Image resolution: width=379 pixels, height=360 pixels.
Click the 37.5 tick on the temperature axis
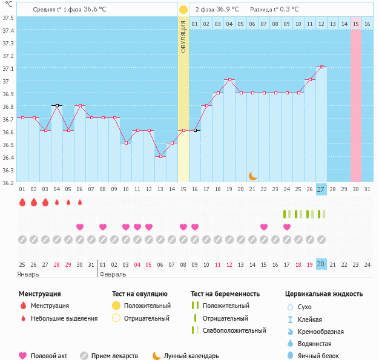(x=8, y=18)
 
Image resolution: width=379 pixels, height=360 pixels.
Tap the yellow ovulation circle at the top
(x=183, y=10)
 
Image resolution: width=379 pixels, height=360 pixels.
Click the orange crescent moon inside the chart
(x=253, y=176)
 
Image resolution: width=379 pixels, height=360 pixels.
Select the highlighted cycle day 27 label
(x=321, y=189)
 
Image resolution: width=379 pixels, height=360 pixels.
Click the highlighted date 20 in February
(x=321, y=264)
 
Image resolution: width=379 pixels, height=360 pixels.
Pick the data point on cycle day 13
(x=160, y=156)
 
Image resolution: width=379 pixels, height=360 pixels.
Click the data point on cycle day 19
(x=229, y=80)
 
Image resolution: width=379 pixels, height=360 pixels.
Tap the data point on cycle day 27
(x=321, y=67)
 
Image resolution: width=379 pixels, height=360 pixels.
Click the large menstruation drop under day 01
(x=22, y=202)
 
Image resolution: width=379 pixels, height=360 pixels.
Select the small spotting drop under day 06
(x=80, y=202)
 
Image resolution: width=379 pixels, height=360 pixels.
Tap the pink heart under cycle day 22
(x=264, y=227)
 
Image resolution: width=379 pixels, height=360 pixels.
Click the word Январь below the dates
(x=28, y=274)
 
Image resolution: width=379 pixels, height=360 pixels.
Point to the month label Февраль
(x=114, y=274)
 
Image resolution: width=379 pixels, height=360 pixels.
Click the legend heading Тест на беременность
(x=225, y=294)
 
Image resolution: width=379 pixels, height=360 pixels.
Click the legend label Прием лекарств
(x=114, y=356)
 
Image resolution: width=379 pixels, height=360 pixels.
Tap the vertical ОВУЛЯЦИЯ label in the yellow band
(x=183, y=37)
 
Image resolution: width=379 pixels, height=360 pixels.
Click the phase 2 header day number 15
(x=355, y=24)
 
